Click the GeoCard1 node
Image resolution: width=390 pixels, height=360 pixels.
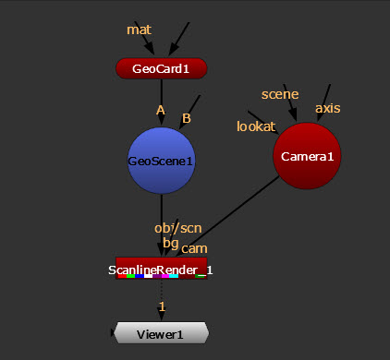pyautogui.click(x=161, y=68)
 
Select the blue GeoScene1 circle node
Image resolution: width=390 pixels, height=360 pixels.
pyautogui.click(x=162, y=161)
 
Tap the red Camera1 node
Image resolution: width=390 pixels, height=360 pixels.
pyautogui.click(x=307, y=156)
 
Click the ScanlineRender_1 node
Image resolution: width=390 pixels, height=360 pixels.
pyautogui.click(x=161, y=269)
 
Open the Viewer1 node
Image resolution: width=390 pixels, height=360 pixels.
pyautogui.click(x=161, y=333)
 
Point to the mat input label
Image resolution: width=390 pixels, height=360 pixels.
pyautogui.click(x=139, y=30)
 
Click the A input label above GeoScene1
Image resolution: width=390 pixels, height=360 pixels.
pyautogui.click(x=161, y=110)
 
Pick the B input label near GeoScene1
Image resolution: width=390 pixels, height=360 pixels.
pyautogui.click(x=187, y=118)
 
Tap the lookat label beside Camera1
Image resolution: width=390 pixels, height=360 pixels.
pyautogui.click(x=256, y=126)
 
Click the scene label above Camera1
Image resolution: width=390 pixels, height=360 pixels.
pyautogui.click(x=280, y=94)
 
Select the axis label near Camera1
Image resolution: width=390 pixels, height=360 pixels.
pyautogui.click(x=328, y=108)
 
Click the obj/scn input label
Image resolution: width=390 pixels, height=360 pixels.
pyautogui.click(x=178, y=229)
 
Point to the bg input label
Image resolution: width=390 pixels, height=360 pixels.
pyautogui.click(x=171, y=243)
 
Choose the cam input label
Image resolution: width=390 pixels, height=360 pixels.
pyautogui.click(x=194, y=249)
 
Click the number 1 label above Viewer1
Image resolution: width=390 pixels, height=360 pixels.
pyautogui.click(x=162, y=306)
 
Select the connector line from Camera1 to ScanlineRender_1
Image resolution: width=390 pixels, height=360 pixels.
pyautogui.click(x=227, y=216)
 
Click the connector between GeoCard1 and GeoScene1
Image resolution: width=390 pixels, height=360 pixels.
pyautogui.click(x=162, y=102)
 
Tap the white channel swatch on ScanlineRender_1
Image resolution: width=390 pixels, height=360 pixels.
pyautogui.click(x=149, y=276)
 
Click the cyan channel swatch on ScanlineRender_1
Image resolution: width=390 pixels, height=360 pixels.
pyautogui.click(x=174, y=276)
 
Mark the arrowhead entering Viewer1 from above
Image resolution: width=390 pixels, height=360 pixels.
pyautogui.click(x=162, y=316)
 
